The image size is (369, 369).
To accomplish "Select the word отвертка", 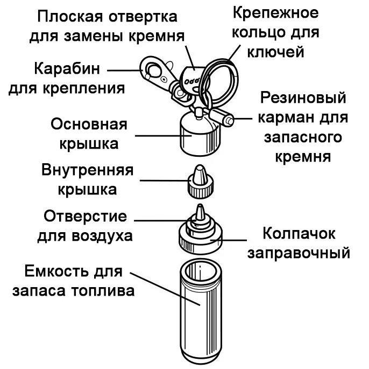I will click(x=144, y=17).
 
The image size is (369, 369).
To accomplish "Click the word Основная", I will click(x=89, y=124).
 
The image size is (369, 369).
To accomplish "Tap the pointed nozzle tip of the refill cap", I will click(x=200, y=211).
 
